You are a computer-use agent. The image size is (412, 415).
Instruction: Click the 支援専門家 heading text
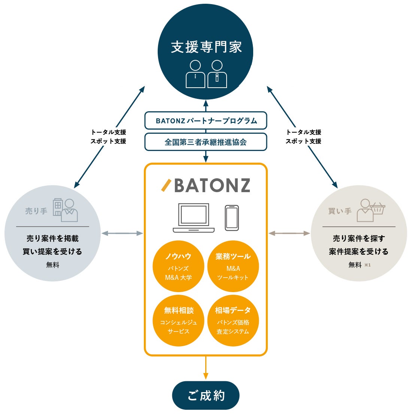[x=206, y=47]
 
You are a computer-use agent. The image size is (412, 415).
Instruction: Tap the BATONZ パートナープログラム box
[x=206, y=121]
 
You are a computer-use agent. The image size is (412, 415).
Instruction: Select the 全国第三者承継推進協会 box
[x=206, y=142]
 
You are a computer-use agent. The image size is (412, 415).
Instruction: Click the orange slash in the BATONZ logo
[x=166, y=185]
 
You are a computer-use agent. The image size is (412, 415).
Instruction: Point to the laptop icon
[x=194, y=218]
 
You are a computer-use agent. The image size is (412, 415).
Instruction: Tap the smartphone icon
[x=232, y=218]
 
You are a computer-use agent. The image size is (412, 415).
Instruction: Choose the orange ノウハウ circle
[x=178, y=266]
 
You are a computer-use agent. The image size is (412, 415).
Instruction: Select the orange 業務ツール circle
[x=233, y=266]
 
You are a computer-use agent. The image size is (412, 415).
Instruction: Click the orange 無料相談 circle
[x=178, y=321]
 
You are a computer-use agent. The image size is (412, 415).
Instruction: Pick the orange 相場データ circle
[x=233, y=321]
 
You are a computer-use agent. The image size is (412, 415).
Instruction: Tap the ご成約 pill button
[x=206, y=396]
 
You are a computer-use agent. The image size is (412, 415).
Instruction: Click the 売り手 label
[x=36, y=211]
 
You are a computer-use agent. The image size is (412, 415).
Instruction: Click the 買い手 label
[x=340, y=211]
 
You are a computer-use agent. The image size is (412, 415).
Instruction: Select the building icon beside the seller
[x=57, y=207]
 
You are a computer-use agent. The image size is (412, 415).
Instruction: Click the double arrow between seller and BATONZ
[x=122, y=233]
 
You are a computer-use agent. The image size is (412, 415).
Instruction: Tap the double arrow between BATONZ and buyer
[x=289, y=233]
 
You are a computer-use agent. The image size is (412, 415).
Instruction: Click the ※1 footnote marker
[x=367, y=265]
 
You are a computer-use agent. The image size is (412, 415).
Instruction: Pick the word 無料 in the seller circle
[x=53, y=265]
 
